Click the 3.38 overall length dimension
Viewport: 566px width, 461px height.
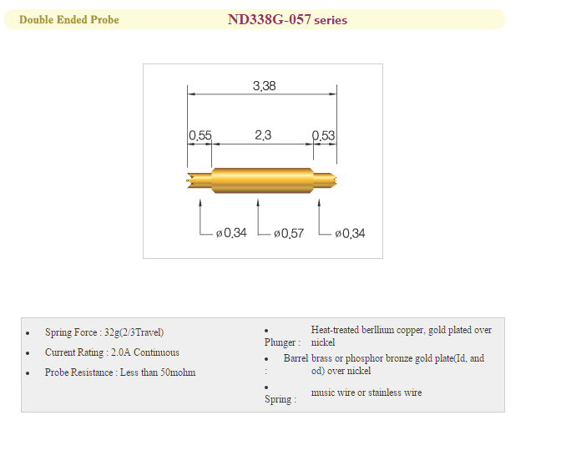point(264,85)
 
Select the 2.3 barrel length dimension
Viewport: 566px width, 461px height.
point(262,135)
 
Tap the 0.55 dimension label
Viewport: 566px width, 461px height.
point(200,135)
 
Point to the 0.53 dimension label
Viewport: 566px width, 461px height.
point(323,135)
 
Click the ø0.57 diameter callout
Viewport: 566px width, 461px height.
point(288,234)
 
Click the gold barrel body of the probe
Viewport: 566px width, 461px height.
point(262,180)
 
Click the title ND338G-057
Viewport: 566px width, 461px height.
point(270,20)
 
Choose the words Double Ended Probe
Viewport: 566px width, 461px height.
point(69,20)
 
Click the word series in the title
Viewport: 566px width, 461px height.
point(331,21)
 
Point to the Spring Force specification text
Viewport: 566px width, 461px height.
point(104,332)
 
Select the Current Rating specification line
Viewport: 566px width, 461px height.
point(112,352)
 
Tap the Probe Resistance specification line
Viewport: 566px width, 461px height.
point(120,372)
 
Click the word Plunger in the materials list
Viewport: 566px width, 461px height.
point(280,342)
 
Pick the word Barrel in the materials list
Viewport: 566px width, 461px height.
point(296,358)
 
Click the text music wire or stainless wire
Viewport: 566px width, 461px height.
point(366,393)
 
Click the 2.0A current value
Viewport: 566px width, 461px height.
point(120,352)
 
